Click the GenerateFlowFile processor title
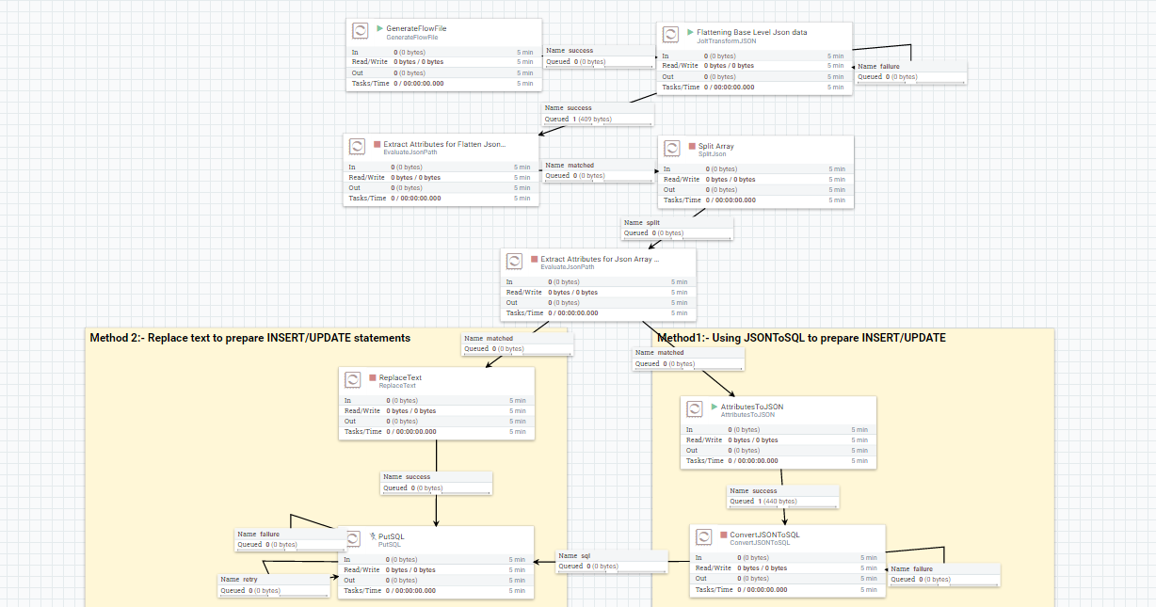pyautogui.click(x=416, y=28)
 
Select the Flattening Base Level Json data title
pyautogui.click(x=751, y=32)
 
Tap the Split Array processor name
pyautogui.click(x=715, y=146)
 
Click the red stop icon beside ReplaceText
pyautogui.click(x=373, y=378)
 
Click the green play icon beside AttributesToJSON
pyautogui.click(x=714, y=407)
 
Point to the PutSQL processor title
pyautogui.click(x=391, y=536)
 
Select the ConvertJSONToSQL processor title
pyautogui.click(x=764, y=535)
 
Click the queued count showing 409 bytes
pyautogui.click(x=578, y=120)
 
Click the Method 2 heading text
pyautogui.click(x=249, y=338)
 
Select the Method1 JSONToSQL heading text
pyautogui.click(x=801, y=338)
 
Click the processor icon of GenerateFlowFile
pyautogui.click(x=360, y=32)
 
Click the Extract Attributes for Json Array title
pyautogui.click(x=600, y=259)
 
